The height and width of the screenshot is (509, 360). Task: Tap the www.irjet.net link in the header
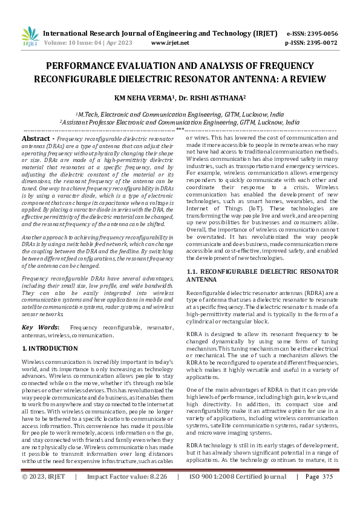(170, 43)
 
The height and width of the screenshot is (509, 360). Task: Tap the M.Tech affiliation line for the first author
(180, 113)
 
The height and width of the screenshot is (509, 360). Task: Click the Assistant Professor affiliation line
(180, 122)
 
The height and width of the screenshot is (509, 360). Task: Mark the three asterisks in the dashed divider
(180, 129)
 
